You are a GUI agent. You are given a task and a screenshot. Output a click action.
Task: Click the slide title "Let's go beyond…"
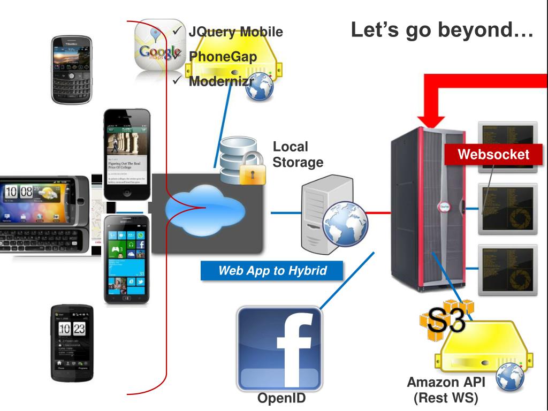click(442, 32)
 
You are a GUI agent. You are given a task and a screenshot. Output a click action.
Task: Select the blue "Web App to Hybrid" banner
click(272, 271)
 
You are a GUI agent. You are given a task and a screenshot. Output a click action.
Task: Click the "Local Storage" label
click(298, 154)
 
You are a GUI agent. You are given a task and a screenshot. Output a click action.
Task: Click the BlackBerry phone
click(72, 70)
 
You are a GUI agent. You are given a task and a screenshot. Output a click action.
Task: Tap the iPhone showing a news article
click(127, 155)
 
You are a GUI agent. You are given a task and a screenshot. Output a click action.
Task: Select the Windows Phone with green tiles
click(126, 258)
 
